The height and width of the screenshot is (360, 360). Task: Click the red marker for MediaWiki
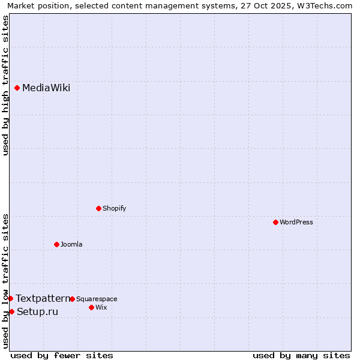point(17,88)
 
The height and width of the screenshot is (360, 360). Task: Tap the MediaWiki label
point(46,88)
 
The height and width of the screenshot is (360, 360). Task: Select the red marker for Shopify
point(98,208)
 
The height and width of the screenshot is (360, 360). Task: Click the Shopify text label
point(114,208)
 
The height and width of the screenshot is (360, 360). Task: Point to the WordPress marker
point(275,222)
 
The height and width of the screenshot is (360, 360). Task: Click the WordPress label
point(296,222)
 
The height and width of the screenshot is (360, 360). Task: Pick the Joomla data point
point(56,244)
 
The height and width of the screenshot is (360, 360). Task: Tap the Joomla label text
point(71,244)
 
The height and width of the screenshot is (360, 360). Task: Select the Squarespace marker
point(72,299)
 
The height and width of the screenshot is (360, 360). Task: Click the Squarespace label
point(97,299)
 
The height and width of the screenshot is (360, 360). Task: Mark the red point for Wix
point(91,307)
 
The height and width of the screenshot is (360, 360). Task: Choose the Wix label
point(101,307)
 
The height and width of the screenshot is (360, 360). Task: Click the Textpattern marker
point(10,298)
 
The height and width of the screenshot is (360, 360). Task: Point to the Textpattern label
point(43,298)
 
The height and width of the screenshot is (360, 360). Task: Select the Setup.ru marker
point(11,311)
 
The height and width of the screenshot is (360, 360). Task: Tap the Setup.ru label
point(37,311)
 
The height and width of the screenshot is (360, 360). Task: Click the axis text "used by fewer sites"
point(62,355)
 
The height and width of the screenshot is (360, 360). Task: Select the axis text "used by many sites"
point(301,355)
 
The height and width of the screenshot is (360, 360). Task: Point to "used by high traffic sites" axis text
point(6,85)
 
